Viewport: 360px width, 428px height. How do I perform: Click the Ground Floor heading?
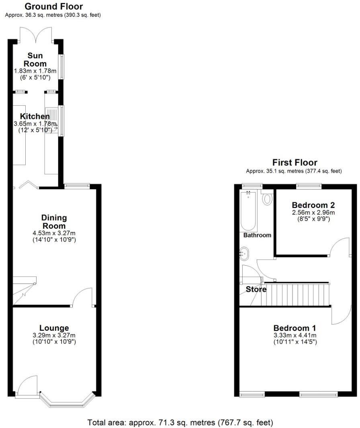[x=53, y=6]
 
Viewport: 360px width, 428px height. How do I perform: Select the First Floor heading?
[x=295, y=162]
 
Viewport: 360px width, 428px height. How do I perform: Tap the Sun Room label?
[x=35, y=59]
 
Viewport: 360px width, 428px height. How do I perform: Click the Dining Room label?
[x=54, y=222]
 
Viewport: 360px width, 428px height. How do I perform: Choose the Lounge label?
[x=54, y=328]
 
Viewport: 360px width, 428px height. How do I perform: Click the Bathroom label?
[x=257, y=235]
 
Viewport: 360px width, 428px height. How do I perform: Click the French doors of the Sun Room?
[x=37, y=35]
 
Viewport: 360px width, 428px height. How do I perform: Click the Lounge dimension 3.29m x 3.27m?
[x=54, y=335]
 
